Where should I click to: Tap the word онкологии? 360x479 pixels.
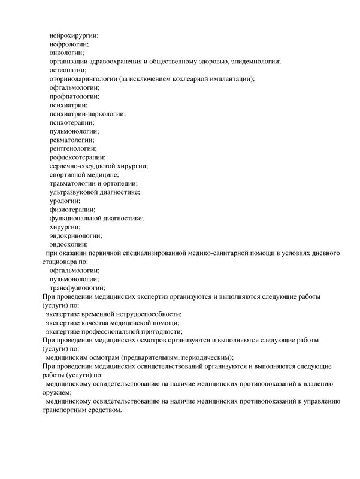[x=66, y=53]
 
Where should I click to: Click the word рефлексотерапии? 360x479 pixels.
[x=76, y=157]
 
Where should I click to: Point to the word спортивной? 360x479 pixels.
[x=71, y=174]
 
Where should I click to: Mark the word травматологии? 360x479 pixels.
[x=75, y=183]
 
